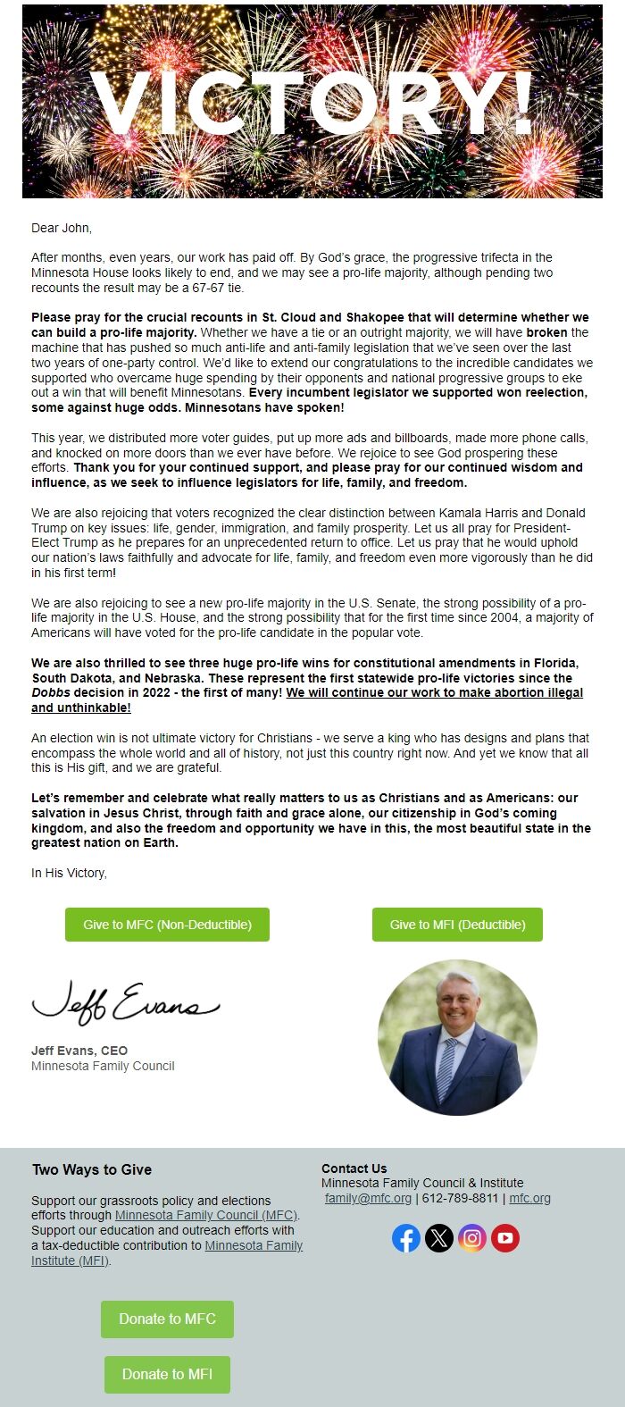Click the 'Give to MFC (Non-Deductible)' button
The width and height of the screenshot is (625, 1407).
[167, 925]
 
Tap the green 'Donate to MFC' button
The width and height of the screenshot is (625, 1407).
[167, 1319]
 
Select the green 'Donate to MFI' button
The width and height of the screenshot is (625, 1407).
[167, 1374]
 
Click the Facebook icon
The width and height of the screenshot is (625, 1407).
[406, 1238]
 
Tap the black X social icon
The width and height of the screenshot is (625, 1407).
[439, 1238]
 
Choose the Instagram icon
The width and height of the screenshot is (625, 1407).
[472, 1238]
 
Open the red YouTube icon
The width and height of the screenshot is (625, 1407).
[505, 1238]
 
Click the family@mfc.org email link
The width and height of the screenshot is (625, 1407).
[368, 1198]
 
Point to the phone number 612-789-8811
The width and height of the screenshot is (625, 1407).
[460, 1198]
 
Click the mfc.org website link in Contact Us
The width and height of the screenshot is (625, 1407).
[529, 1198]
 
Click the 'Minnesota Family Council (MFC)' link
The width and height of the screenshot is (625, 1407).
[206, 1215]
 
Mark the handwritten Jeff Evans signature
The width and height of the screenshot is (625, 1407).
[124, 1002]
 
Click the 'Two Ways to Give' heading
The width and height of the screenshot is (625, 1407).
[92, 1169]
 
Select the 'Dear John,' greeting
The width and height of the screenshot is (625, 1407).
[62, 228]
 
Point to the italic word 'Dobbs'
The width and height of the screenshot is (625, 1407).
[51, 692]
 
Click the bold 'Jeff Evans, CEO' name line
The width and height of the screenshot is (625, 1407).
[79, 1051]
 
